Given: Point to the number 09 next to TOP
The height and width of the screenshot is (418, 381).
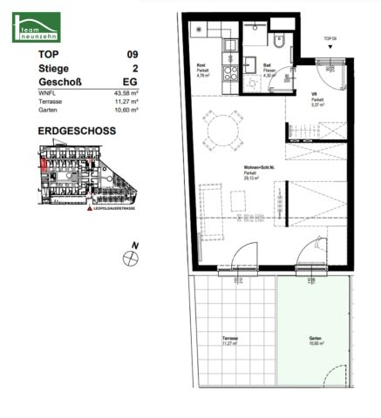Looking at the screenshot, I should (x=133, y=55).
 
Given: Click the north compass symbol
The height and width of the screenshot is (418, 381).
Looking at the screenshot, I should (x=131, y=256).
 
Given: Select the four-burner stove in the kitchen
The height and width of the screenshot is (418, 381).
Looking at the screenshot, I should (x=229, y=73).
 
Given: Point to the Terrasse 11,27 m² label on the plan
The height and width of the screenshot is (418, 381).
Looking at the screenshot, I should (x=230, y=340).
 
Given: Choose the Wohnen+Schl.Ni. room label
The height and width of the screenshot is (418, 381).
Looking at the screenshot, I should (x=261, y=170).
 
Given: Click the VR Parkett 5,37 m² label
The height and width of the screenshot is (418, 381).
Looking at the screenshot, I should (x=317, y=98).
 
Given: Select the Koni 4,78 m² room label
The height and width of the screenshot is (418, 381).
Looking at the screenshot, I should (x=201, y=72).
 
